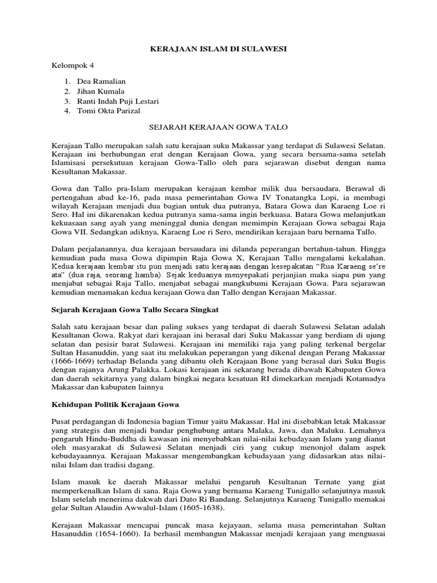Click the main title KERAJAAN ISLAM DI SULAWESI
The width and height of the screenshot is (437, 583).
(x=218, y=50)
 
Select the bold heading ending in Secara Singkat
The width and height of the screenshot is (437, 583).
(x=131, y=309)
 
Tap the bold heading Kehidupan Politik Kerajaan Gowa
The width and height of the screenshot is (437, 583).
(x=116, y=404)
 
